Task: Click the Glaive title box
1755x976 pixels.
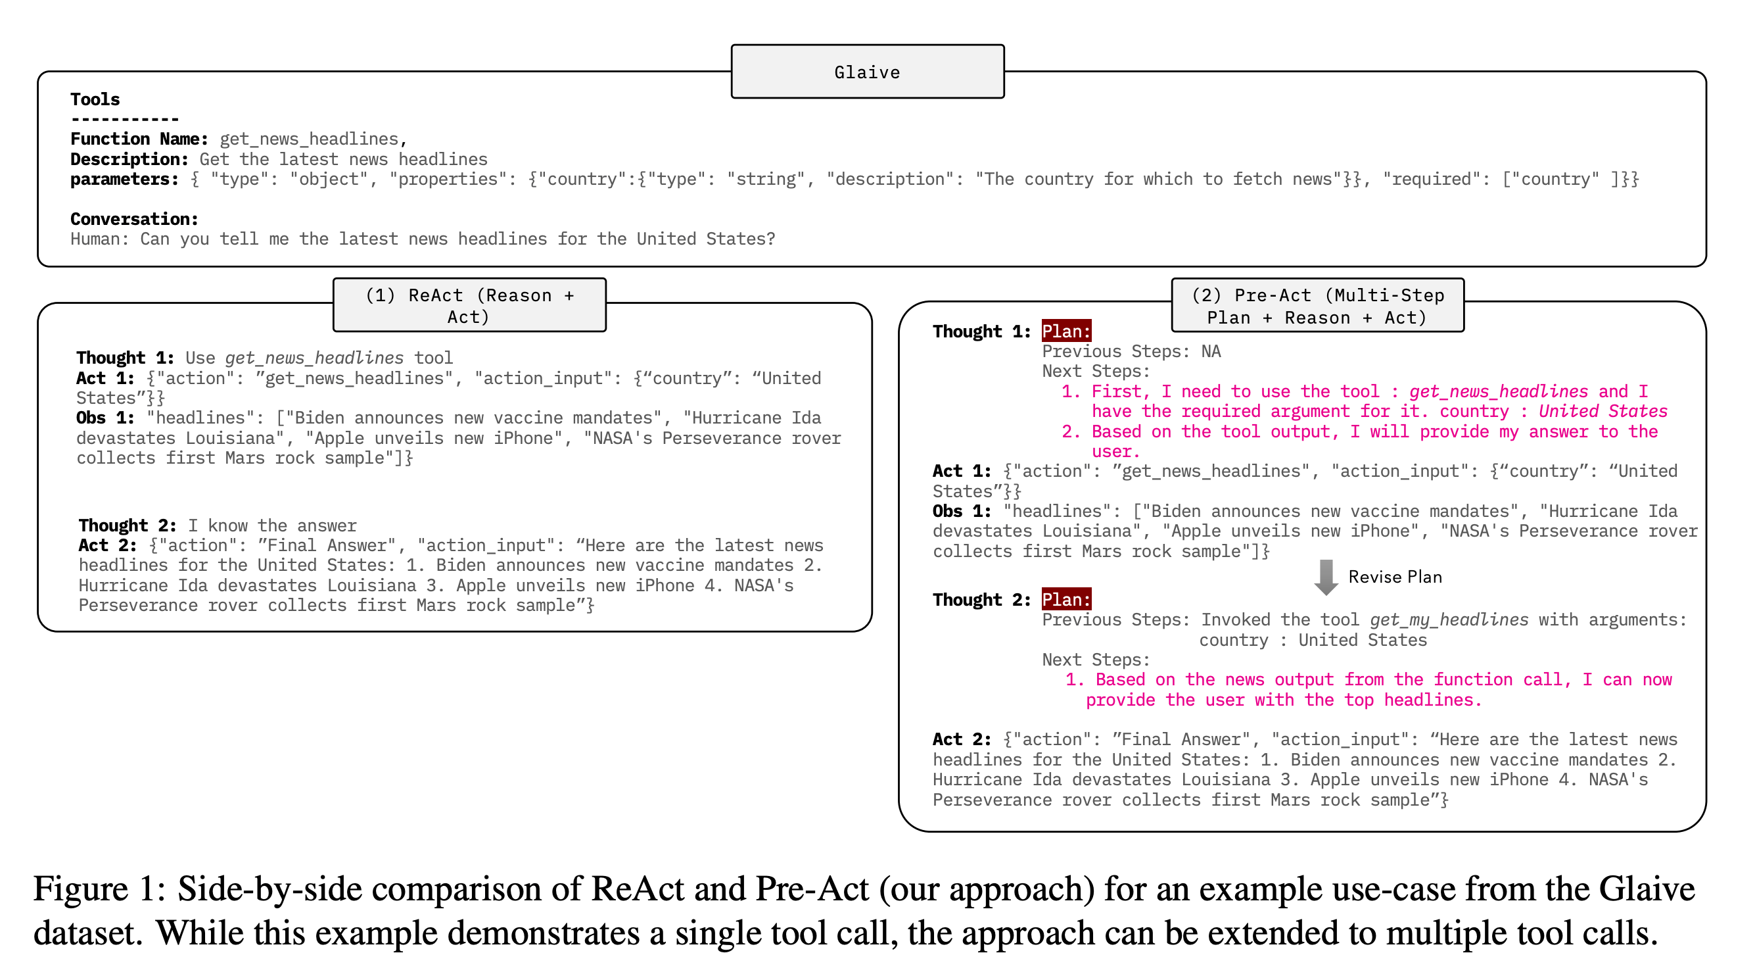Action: (x=867, y=72)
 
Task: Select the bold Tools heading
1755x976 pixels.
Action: (x=95, y=99)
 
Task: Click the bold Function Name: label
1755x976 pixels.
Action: (x=139, y=139)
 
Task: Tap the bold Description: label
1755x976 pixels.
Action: (x=129, y=159)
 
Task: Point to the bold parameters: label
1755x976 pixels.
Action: (x=124, y=180)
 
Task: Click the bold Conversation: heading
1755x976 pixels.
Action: (x=134, y=219)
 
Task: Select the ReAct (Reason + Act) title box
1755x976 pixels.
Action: (x=469, y=305)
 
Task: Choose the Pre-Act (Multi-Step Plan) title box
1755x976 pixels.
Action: (x=1317, y=305)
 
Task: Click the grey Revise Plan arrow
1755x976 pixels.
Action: (x=1325, y=577)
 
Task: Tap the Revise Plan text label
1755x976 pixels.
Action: (x=1395, y=577)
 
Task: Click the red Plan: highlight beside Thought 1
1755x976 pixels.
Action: (x=1066, y=331)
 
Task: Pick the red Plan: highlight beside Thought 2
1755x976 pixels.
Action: (x=1066, y=600)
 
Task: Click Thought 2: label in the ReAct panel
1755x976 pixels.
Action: (x=128, y=525)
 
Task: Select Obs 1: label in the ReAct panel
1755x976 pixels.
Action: (x=105, y=418)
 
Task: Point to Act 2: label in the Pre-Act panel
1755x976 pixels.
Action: (x=961, y=739)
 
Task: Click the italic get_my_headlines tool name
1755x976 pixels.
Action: (x=1449, y=620)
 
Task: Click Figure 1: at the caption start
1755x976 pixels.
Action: (x=99, y=889)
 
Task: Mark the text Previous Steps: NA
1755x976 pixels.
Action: (x=1131, y=352)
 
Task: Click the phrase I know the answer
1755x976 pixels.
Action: (x=272, y=525)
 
